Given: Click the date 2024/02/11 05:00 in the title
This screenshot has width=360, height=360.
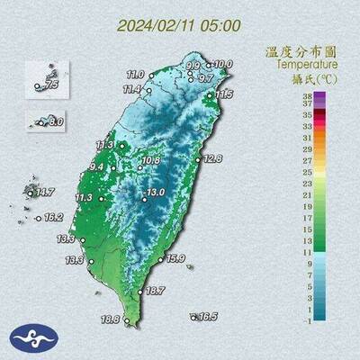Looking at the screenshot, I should (x=179, y=25).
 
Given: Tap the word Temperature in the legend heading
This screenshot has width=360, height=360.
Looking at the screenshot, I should (x=308, y=65).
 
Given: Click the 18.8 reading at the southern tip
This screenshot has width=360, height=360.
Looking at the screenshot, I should (x=110, y=319).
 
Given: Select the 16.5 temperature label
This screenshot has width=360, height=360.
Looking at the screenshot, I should (x=208, y=316).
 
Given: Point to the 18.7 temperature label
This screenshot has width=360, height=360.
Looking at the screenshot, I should (x=155, y=291).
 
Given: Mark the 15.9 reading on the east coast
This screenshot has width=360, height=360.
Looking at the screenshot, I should (x=175, y=259).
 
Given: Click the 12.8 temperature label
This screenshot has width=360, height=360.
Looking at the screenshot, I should (x=212, y=158).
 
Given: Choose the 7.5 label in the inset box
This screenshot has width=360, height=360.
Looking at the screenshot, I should (x=51, y=85).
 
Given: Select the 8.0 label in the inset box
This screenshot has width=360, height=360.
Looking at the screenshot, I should (x=56, y=121).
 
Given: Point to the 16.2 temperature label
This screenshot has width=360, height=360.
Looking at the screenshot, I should (x=53, y=217).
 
